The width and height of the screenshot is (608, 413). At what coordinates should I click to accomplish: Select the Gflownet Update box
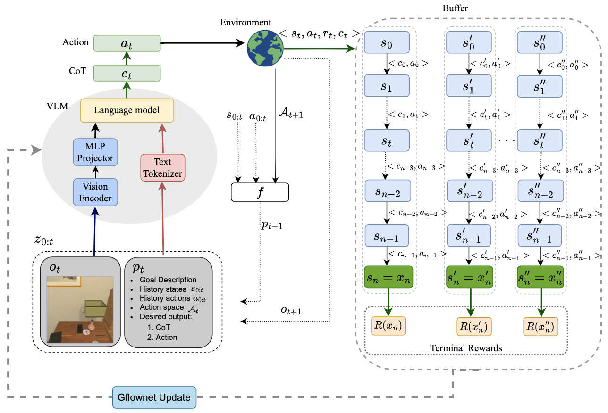click(x=154, y=397)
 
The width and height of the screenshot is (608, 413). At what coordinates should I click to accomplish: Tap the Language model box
click(x=127, y=110)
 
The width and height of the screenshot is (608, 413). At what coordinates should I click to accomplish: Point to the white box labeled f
click(x=259, y=191)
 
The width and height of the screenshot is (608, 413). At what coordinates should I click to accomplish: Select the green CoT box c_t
click(x=127, y=73)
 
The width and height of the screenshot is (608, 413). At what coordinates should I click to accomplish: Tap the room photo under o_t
click(x=80, y=309)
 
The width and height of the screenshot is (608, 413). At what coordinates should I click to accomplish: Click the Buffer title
click(x=455, y=8)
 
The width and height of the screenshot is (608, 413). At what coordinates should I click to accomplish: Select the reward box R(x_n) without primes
click(x=388, y=326)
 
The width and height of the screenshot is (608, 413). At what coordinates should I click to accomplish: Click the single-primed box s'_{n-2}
click(x=469, y=191)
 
